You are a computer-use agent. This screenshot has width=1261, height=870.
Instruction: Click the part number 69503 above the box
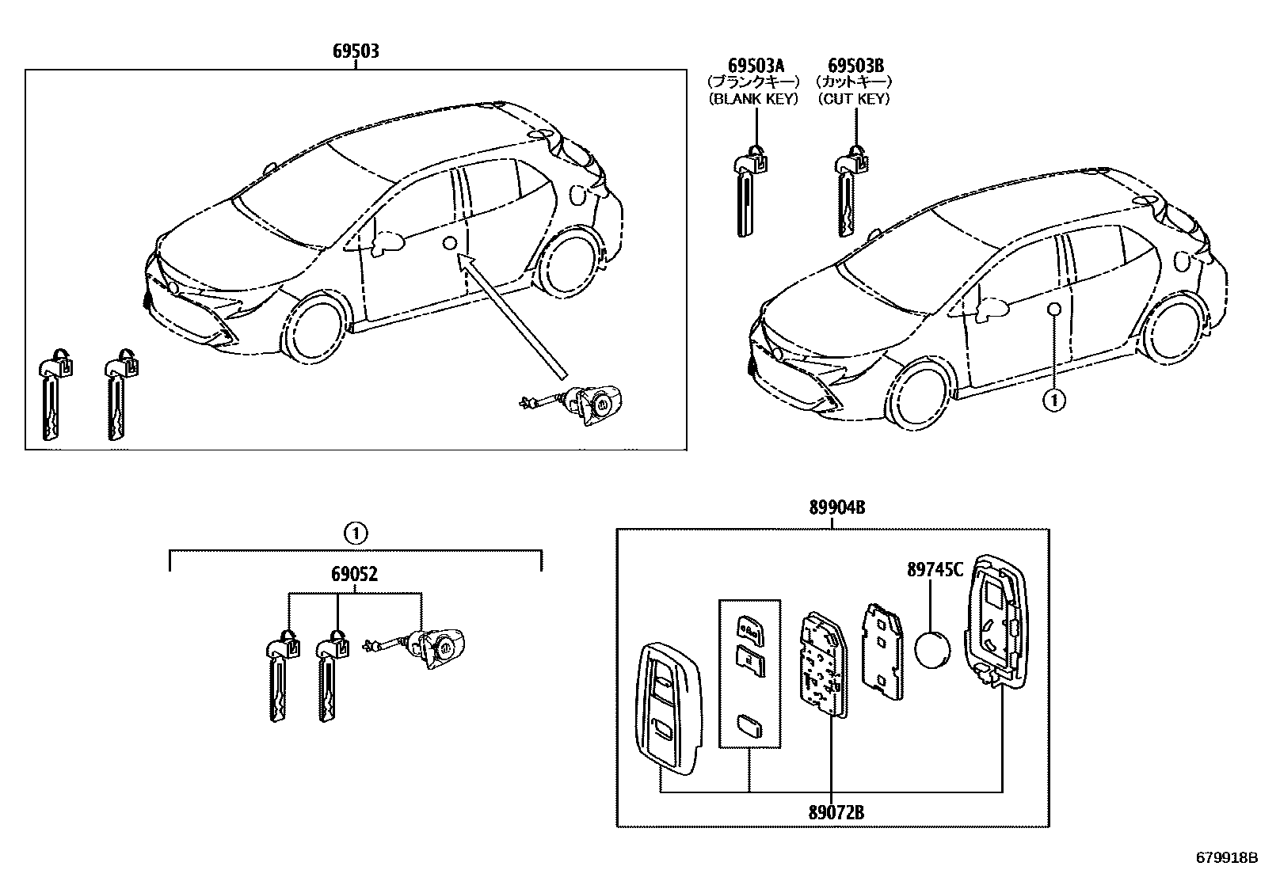click(x=356, y=51)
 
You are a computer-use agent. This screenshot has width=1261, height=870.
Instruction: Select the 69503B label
click(x=856, y=65)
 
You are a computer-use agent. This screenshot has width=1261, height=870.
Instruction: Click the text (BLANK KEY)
click(x=752, y=99)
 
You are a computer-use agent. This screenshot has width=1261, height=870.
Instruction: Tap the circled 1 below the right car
click(x=1053, y=401)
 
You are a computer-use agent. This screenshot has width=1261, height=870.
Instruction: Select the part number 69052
click(x=356, y=575)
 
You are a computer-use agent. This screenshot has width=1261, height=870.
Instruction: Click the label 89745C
click(x=935, y=569)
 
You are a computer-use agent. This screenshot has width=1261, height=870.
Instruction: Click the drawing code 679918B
click(x=1226, y=857)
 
